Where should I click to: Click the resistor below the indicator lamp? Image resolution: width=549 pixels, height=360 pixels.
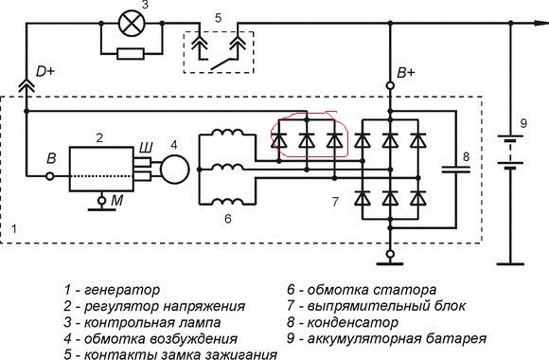click(131, 54)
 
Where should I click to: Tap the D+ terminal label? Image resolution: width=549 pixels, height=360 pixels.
click(45, 71)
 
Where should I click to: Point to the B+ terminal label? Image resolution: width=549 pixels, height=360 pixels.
click(406, 73)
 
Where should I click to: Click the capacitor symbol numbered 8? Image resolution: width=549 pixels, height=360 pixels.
click(455, 170)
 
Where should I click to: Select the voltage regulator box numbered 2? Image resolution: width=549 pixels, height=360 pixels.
click(101, 170)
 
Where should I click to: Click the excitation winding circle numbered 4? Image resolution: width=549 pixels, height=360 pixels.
click(174, 170)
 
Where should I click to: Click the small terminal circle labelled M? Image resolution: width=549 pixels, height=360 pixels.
click(101, 201)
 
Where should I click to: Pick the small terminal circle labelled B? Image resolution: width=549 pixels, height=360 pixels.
click(50, 176)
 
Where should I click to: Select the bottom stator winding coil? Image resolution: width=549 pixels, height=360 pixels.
click(227, 201)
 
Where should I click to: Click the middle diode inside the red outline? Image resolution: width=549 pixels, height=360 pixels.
click(307, 140)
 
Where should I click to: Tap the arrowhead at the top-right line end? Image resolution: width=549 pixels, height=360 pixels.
click(541, 23)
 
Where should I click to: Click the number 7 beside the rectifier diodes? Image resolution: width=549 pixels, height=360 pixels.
click(335, 202)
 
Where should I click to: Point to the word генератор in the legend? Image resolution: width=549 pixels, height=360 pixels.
click(122, 290)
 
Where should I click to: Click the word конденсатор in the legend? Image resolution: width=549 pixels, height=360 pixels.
click(352, 322)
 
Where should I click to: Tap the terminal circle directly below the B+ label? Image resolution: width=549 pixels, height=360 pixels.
click(390, 85)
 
